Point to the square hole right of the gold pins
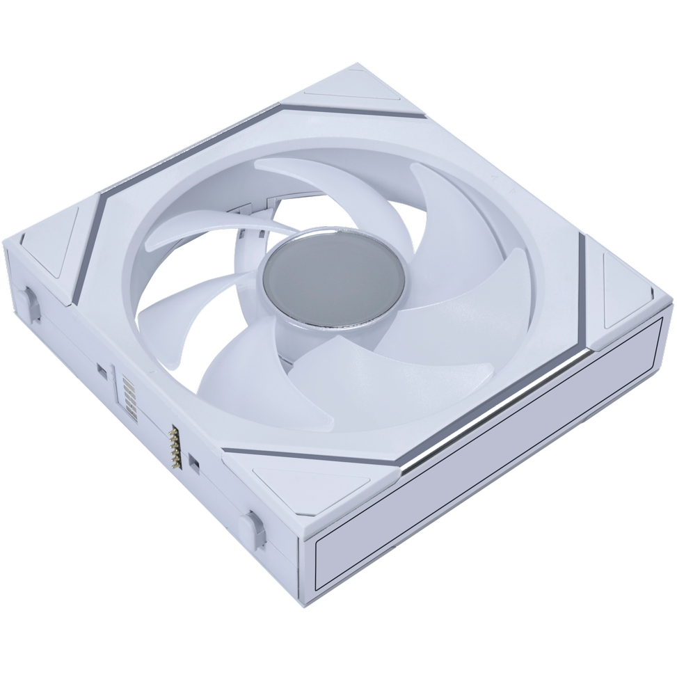point(195,463)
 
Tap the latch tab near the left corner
point(31,303)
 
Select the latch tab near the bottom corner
point(252,523)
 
